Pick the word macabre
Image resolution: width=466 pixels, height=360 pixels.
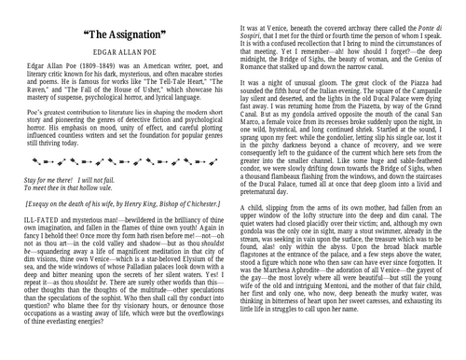171,80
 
